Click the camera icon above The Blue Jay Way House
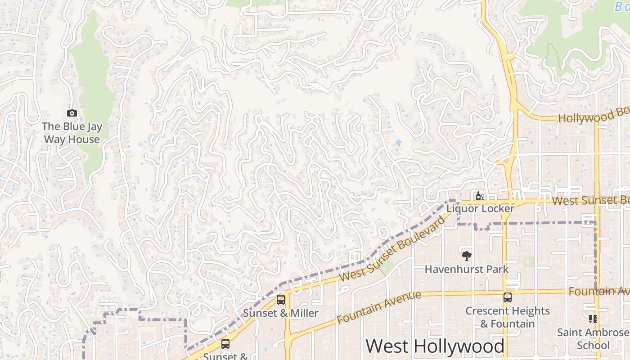(72, 113)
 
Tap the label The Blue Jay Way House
(72, 133)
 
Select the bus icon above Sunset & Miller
(281, 299)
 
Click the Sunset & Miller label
(281, 313)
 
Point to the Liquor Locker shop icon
(480, 196)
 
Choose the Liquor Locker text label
(480, 209)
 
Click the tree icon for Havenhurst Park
(467, 256)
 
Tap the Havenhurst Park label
(467, 270)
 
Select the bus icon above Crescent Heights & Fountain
(508, 297)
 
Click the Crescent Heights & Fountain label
(508, 317)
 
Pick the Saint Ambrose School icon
(593, 319)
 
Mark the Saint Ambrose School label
(593, 339)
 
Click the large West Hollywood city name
(435, 346)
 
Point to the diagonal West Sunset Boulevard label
(394, 249)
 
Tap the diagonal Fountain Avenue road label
(379, 307)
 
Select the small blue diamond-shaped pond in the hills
(398, 143)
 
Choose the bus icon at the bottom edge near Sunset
(225, 344)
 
